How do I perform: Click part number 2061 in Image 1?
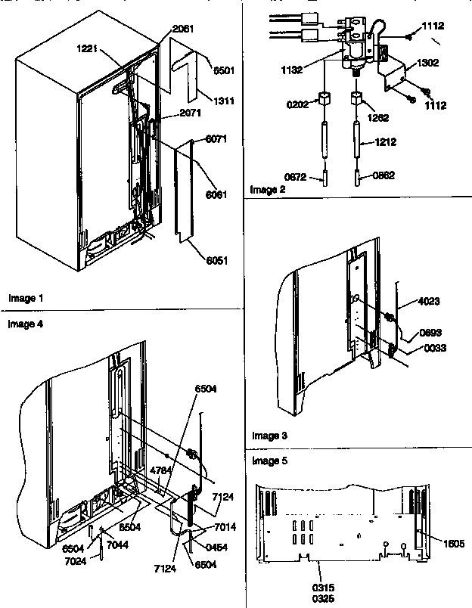[183, 29]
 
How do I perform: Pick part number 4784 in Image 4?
[160, 471]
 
